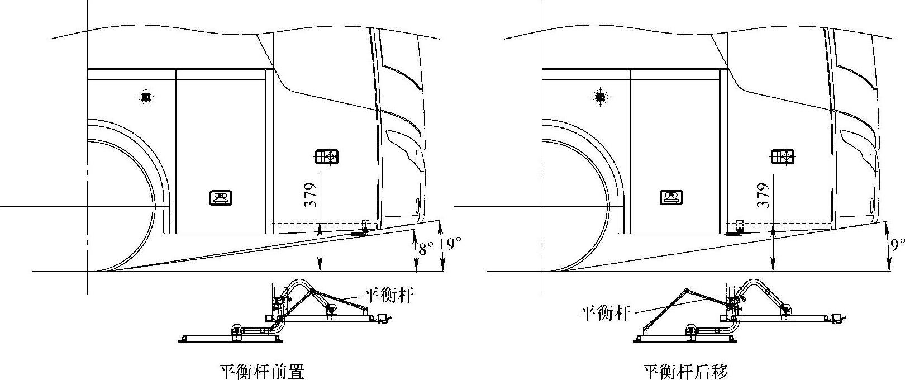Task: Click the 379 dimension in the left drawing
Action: click(x=312, y=195)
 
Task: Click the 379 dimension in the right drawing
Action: click(x=765, y=195)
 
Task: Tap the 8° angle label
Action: click(x=426, y=249)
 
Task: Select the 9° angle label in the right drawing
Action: click(x=897, y=244)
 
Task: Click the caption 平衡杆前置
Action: click(x=263, y=372)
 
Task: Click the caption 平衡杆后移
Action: click(x=686, y=372)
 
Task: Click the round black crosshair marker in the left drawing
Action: click(x=146, y=97)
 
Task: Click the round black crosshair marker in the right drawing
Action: click(x=601, y=97)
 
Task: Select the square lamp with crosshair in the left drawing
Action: click(x=327, y=157)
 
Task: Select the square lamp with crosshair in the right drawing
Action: click(x=782, y=157)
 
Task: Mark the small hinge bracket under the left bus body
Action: click(x=365, y=227)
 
